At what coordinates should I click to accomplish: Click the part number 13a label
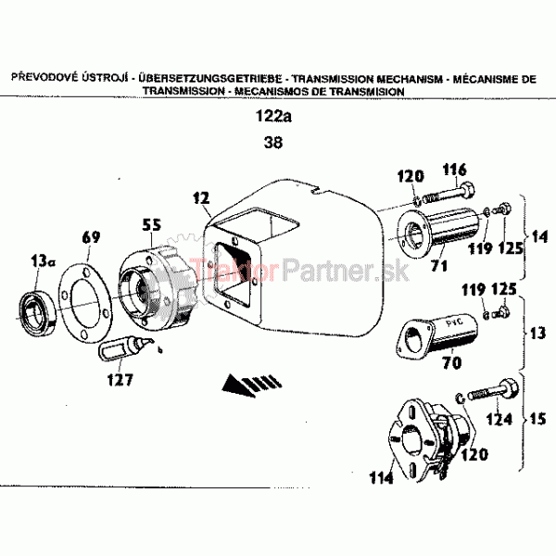click(43, 261)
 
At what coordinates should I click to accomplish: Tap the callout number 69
click(91, 237)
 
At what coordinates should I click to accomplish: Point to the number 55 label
click(152, 225)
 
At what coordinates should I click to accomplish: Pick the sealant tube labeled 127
click(126, 348)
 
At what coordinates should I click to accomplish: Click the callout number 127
click(120, 380)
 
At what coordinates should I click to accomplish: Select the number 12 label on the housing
click(201, 198)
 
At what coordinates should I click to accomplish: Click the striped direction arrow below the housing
click(252, 385)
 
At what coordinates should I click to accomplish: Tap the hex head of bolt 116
click(467, 190)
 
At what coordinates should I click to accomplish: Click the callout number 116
click(455, 170)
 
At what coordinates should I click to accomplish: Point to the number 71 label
click(439, 265)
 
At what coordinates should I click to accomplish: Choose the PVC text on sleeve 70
click(454, 322)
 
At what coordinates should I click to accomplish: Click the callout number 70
click(452, 362)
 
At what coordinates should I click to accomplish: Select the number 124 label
click(499, 419)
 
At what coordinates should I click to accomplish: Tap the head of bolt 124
click(509, 388)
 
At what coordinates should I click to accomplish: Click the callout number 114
click(381, 477)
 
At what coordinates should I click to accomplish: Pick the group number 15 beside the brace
click(537, 419)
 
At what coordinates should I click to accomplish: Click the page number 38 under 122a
click(273, 143)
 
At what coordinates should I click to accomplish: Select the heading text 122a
click(273, 116)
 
